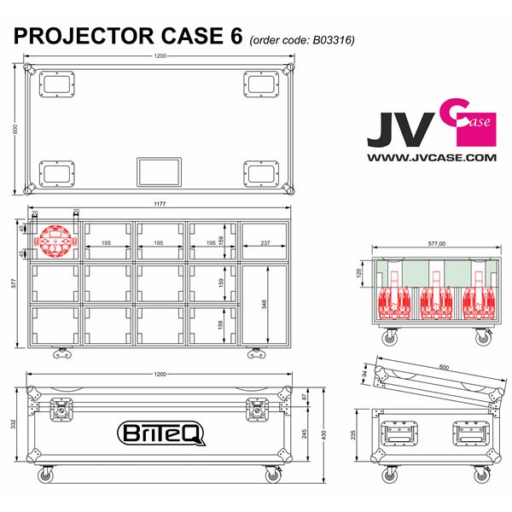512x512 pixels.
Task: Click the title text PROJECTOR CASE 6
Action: click(x=128, y=37)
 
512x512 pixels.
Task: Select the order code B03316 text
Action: click(x=301, y=39)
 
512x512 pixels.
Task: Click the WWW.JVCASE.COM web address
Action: click(x=431, y=158)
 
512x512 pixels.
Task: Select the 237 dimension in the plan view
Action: click(x=265, y=243)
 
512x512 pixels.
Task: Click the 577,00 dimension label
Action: click(x=431, y=244)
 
